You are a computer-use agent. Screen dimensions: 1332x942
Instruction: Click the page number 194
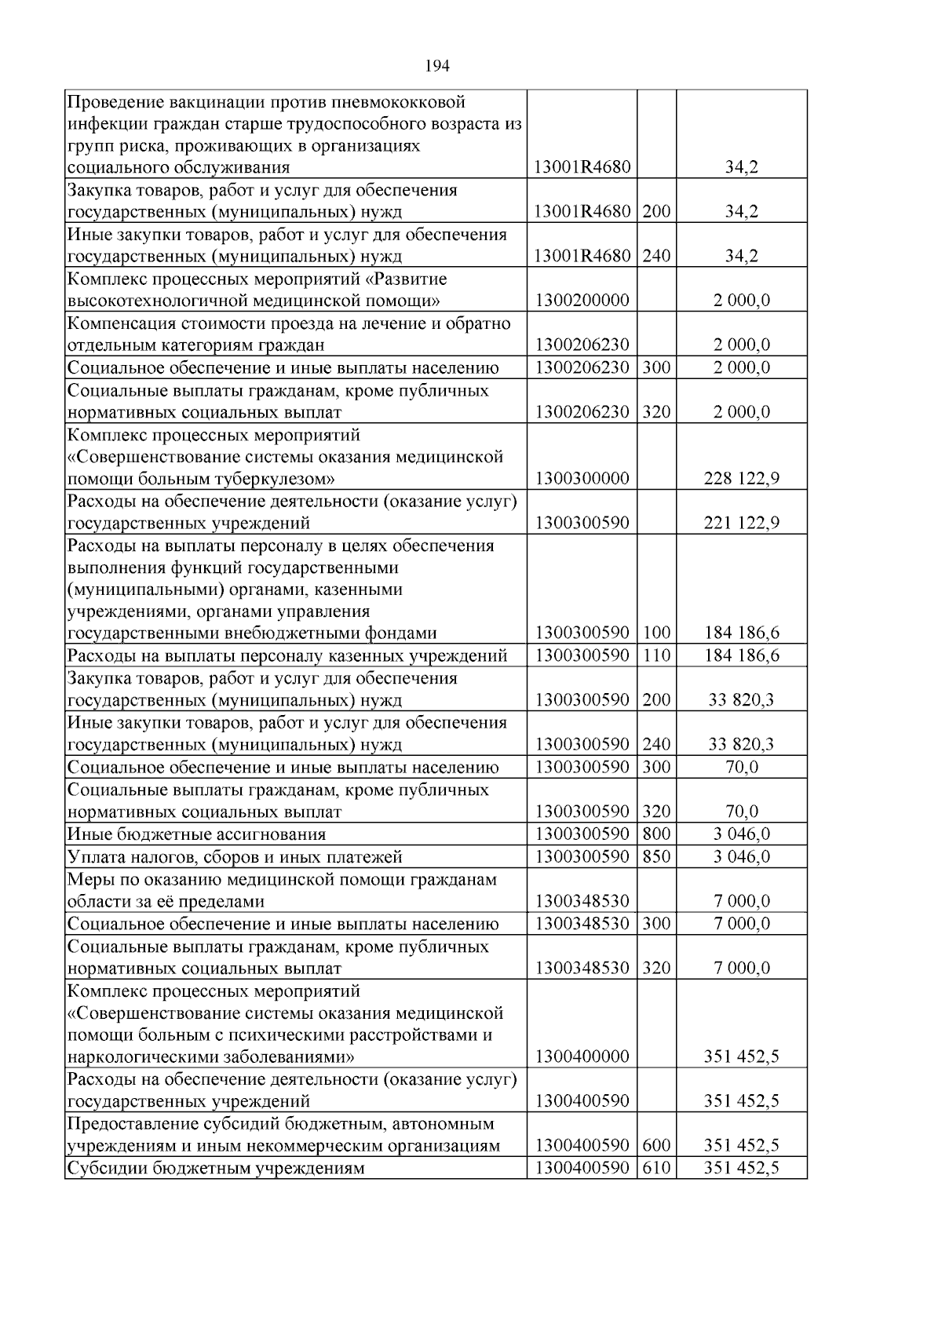(437, 67)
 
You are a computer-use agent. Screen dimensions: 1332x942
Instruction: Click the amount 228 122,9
(741, 479)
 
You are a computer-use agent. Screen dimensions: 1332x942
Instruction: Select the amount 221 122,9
(741, 523)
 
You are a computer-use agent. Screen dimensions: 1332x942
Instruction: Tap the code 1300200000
(582, 301)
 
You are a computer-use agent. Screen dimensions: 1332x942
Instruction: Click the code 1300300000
(582, 479)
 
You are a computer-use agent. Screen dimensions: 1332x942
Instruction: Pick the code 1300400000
(582, 1056)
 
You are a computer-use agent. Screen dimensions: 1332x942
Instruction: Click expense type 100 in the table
(656, 633)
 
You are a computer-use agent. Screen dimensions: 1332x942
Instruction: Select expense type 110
(656, 655)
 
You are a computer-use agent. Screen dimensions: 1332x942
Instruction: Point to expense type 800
(656, 834)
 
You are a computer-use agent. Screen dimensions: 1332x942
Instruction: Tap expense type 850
(656, 856)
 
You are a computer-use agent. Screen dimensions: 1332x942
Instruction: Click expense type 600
(656, 1146)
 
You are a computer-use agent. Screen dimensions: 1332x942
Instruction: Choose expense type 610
(656, 1168)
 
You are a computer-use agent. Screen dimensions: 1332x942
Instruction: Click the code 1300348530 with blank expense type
(582, 901)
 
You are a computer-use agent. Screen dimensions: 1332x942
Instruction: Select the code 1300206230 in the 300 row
(582, 367)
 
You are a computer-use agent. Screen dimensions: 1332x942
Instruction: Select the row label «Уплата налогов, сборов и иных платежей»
(235, 856)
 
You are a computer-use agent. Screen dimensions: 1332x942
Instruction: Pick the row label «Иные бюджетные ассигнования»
(196, 834)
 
